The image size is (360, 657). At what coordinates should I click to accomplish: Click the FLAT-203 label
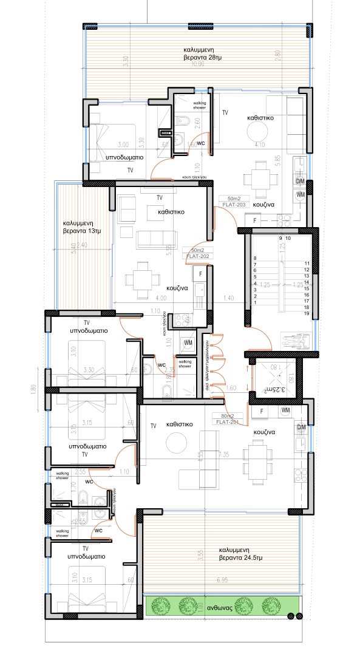click(235, 204)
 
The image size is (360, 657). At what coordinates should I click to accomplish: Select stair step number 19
click(307, 314)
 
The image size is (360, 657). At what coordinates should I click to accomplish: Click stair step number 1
click(256, 302)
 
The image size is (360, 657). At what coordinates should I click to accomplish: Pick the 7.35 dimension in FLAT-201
click(223, 454)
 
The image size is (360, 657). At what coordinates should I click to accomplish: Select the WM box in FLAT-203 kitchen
click(299, 194)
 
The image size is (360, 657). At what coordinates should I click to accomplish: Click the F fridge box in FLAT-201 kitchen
click(261, 412)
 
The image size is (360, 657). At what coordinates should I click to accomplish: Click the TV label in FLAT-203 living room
click(225, 113)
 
